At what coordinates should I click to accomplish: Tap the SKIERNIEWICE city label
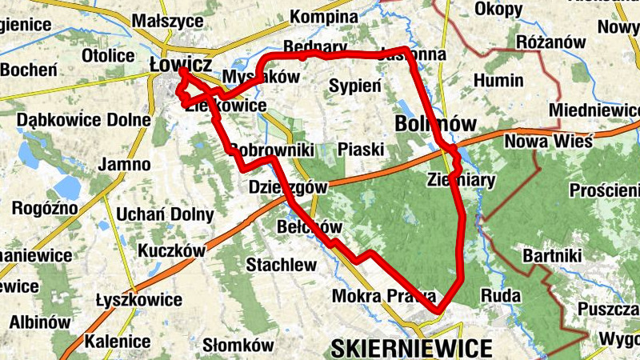point(410,348)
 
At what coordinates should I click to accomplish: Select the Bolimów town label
point(435,123)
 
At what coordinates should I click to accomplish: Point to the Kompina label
point(323,17)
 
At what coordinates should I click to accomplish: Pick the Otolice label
point(108,56)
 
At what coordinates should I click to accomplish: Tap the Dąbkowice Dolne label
point(84,120)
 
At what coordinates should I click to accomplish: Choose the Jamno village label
point(124,165)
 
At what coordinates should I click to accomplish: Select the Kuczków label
point(171,251)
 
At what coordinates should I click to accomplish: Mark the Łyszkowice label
point(138,299)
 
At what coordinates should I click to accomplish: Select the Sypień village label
point(355,86)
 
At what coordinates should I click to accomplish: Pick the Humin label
point(498,81)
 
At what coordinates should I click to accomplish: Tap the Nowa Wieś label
point(548,142)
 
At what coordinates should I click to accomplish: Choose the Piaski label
point(361,149)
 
